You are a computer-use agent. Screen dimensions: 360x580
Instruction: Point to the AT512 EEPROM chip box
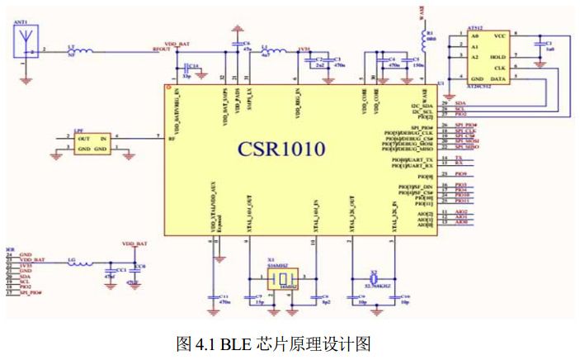click(485, 57)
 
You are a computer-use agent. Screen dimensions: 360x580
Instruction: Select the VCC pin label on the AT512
click(499, 37)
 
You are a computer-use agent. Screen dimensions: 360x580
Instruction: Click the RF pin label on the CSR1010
click(171, 140)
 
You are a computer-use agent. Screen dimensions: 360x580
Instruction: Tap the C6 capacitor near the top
click(237, 45)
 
